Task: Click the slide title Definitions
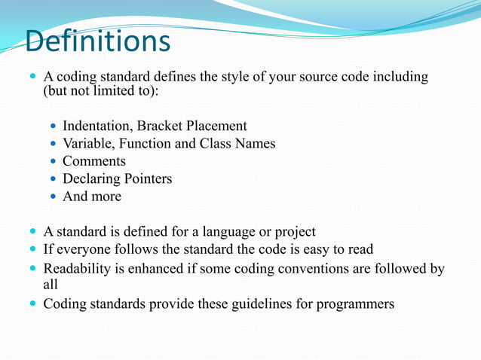97,41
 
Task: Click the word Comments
94,161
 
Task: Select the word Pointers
147,178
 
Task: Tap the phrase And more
92,197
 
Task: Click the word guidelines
239,304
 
